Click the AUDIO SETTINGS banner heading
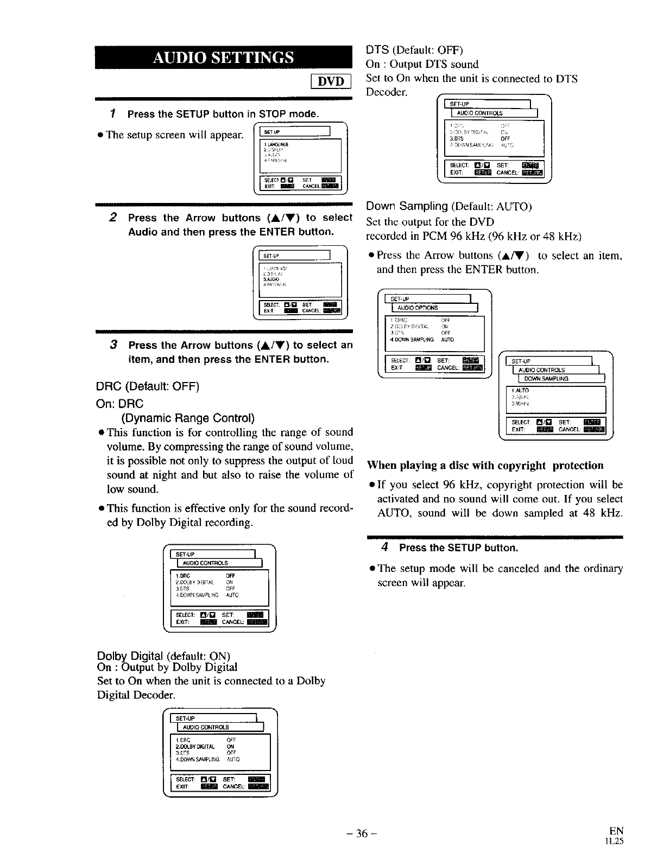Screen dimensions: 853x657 coord(224,58)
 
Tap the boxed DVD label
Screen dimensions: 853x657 coord(331,81)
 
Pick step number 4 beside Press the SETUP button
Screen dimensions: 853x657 coord(384,547)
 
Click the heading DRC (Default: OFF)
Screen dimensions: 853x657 coord(148,386)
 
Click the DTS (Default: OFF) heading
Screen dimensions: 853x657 coord(414,50)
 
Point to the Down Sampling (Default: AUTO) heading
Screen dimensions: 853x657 coord(449,206)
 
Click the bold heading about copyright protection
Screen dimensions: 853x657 coord(485,466)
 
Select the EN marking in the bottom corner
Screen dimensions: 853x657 coord(616,830)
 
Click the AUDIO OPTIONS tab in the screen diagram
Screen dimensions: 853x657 coord(418,308)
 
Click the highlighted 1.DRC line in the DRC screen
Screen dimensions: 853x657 coord(182,576)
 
